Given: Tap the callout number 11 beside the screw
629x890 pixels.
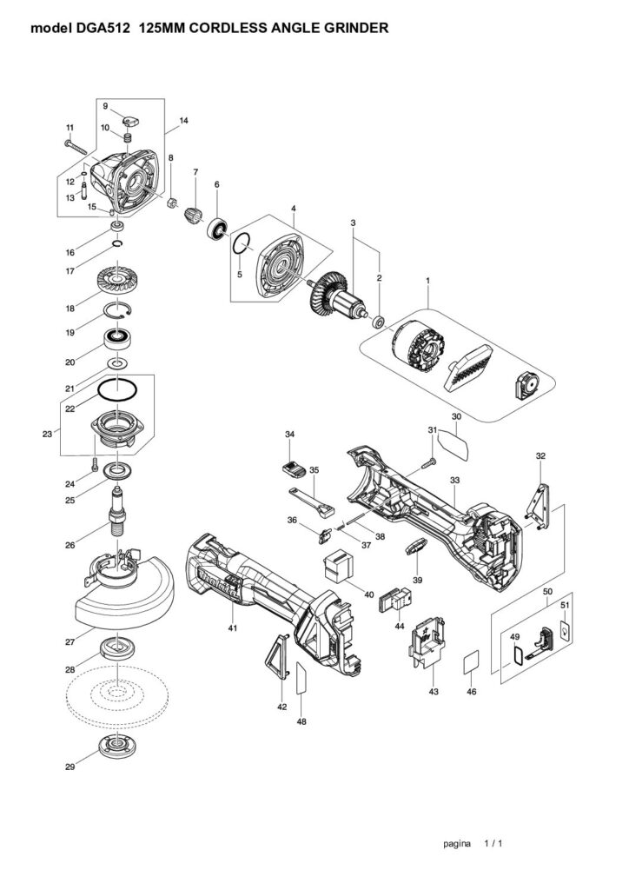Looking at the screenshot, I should [70, 129].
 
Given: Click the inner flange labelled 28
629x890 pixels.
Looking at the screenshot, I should [114, 649].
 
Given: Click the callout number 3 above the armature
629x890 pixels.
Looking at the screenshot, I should [353, 223].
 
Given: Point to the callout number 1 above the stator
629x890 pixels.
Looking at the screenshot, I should [427, 282].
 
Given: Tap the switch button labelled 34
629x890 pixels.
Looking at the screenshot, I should [292, 468].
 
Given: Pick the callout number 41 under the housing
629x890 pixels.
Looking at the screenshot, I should [232, 627].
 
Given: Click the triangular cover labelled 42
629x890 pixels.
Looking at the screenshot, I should [276, 656].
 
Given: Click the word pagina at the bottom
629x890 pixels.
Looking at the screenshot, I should [456, 843].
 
